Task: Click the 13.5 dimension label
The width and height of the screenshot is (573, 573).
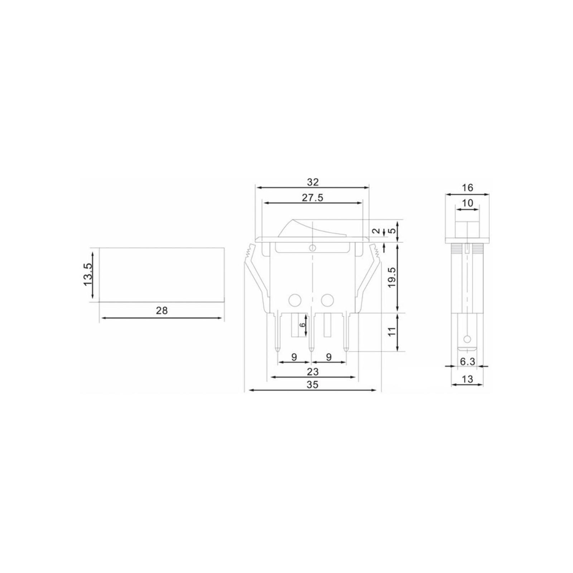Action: (x=88, y=274)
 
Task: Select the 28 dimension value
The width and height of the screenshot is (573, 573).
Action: (x=162, y=310)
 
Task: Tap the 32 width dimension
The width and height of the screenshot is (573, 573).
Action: (x=313, y=182)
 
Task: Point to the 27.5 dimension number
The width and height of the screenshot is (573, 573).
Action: (x=312, y=197)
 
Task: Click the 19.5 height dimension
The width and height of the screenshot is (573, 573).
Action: (x=392, y=277)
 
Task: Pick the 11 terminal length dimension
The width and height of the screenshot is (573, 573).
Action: (x=393, y=331)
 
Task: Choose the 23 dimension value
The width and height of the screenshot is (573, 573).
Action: (x=313, y=371)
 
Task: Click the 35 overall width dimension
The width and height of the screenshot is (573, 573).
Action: (x=313, y=384)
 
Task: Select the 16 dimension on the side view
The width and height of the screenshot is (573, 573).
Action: (x=467, y=188)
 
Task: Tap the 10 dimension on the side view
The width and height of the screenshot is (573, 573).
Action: (x=467, y=203)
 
